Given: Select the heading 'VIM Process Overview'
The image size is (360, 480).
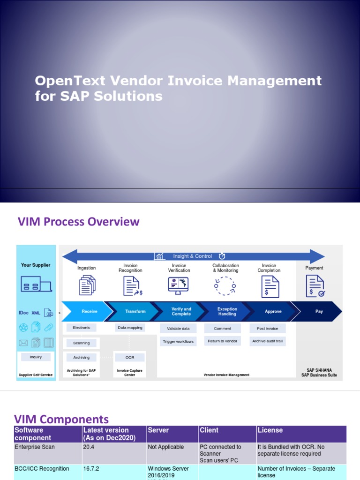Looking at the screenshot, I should pos(78,222).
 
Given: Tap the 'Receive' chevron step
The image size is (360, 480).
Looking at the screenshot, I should pos(90,312).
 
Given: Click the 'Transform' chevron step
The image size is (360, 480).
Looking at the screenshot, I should pos(135,312).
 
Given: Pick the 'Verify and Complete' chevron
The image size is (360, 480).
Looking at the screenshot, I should pos(181,312).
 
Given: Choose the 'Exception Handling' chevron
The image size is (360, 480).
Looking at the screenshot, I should pos(227,312).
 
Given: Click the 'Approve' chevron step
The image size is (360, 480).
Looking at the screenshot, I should pos(273,312).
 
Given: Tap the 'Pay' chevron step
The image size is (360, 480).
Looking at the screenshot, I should pos(319,312).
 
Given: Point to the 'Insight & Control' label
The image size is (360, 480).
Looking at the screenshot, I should pos(192,256).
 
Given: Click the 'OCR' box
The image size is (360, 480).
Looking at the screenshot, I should pos(130,357).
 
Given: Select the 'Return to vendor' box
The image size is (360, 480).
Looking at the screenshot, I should pos(222,341).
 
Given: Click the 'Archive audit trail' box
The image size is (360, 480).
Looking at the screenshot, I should pos(267,341).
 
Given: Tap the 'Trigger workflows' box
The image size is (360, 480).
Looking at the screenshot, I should pos(178,342).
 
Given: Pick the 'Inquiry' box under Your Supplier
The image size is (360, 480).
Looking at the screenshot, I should pos(36,357).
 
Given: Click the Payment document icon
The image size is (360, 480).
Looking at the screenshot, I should pos(315,286).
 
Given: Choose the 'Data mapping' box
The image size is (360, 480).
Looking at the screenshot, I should pos(130,328).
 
